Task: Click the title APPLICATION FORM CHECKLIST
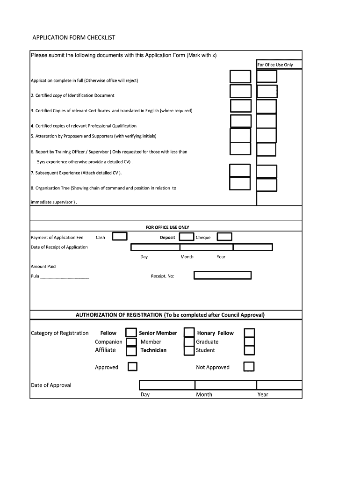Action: [73, 37]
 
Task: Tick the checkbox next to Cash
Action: [120, 237]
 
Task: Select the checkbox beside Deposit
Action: [187, 237]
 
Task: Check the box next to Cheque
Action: [225, 237]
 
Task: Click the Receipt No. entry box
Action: [223, 275]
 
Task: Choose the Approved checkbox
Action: [132, 366]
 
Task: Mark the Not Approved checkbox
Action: [250, 366]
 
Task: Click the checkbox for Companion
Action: [131, 341]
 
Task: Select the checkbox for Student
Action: [250, 350]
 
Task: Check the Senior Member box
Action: [189, 333]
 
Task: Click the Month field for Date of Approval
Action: [225, 385]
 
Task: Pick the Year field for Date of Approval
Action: [279, 385]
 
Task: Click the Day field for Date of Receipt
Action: [155, 247]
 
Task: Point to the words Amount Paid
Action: [43, 267]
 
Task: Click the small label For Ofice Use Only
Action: [275, 65]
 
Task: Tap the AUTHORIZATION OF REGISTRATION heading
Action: [170, 315]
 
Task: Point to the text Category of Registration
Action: [59, 333]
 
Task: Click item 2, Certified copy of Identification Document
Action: [72, 95]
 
